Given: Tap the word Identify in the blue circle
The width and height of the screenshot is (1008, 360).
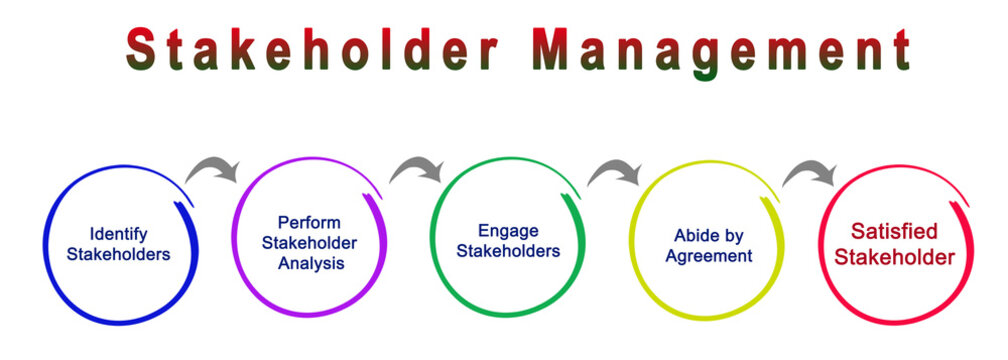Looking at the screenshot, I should click(118, 235).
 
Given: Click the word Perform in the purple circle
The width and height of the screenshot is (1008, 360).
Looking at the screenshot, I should click(309, 222).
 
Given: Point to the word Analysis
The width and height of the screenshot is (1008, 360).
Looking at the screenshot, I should click(311, 263).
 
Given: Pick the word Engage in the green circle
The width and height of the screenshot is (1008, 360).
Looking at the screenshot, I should click(507, 231).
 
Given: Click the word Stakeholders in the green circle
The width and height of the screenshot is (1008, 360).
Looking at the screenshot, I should click(507, 251).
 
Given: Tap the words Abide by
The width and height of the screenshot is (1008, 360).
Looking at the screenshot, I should click(709, 236).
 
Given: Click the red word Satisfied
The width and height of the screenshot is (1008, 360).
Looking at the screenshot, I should click(894, 235).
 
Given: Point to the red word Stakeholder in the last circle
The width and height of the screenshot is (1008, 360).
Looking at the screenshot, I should click(894, 258).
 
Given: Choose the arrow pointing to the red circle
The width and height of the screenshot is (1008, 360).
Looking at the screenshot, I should click(810, 174).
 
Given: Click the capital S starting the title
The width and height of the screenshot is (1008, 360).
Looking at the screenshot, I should click(144, 50).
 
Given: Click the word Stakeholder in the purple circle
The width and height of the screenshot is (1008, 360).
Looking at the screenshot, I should click(309, 243).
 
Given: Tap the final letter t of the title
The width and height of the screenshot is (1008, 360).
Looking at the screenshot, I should click(900, 50).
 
